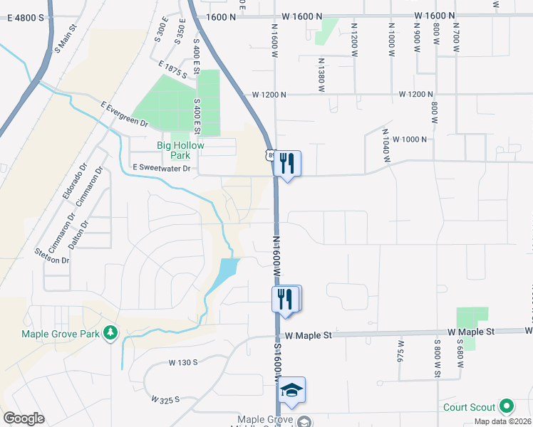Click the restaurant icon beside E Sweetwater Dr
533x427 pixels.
pos(286,164)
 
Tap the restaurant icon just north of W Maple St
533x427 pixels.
pos(286,298)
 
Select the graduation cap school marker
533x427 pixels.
pos(291,390)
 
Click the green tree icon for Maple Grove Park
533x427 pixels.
pos(110,332)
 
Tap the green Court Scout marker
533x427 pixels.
pos(507,407)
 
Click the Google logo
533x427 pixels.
pos(24,418)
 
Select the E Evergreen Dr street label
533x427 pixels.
pos(124,114)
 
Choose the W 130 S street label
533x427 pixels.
pos(183,362)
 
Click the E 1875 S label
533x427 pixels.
pos(174,69)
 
